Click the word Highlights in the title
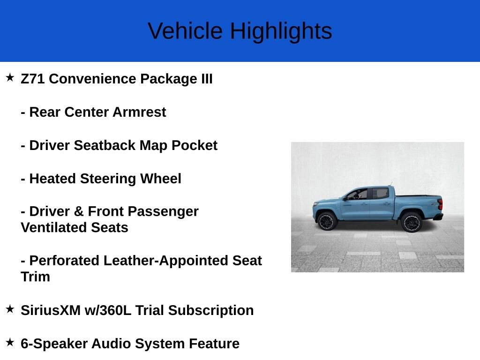280,31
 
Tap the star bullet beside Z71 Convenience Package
10,77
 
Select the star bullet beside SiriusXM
10,309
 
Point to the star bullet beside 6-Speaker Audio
10,342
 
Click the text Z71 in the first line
33,79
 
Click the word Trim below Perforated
35,277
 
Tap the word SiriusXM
50,310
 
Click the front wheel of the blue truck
328,220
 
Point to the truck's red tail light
440,205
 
